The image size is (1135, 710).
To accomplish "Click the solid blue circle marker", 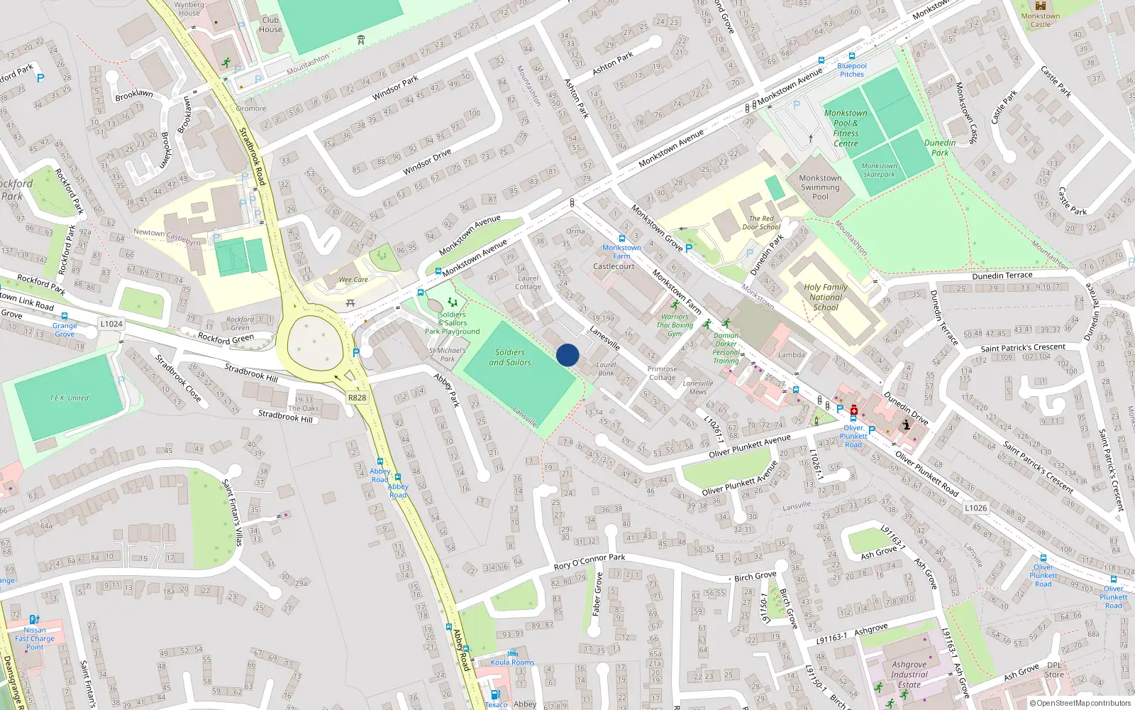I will point(567,355).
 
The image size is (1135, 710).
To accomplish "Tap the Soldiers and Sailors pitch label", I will point(509,357).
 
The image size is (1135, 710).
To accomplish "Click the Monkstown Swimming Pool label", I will point(820,187).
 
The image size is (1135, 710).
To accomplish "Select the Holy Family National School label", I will point(826,297).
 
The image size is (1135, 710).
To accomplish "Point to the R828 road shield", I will point(357,398).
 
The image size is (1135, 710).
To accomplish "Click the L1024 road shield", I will point(111,324).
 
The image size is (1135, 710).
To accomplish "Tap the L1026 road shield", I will point(975,508).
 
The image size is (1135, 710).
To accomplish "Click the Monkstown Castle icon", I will point(1041,6).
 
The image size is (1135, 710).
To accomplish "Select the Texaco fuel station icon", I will point(495,694).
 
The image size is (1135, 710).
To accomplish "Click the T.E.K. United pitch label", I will point(70,398).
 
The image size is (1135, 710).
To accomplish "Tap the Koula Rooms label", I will point(512,662).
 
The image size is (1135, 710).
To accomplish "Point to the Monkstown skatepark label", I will point(879,170).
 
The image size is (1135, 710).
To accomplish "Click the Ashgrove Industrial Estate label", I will point(909,674).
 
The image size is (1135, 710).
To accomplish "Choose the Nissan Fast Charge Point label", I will point(35,638).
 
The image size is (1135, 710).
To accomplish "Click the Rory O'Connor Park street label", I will point(589,562).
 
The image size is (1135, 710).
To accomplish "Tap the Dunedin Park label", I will point(940,148).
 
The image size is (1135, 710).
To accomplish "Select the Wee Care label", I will point(353,280).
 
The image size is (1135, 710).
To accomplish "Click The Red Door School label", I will point(761,223).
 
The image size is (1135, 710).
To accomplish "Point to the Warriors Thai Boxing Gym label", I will point(675,325).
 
